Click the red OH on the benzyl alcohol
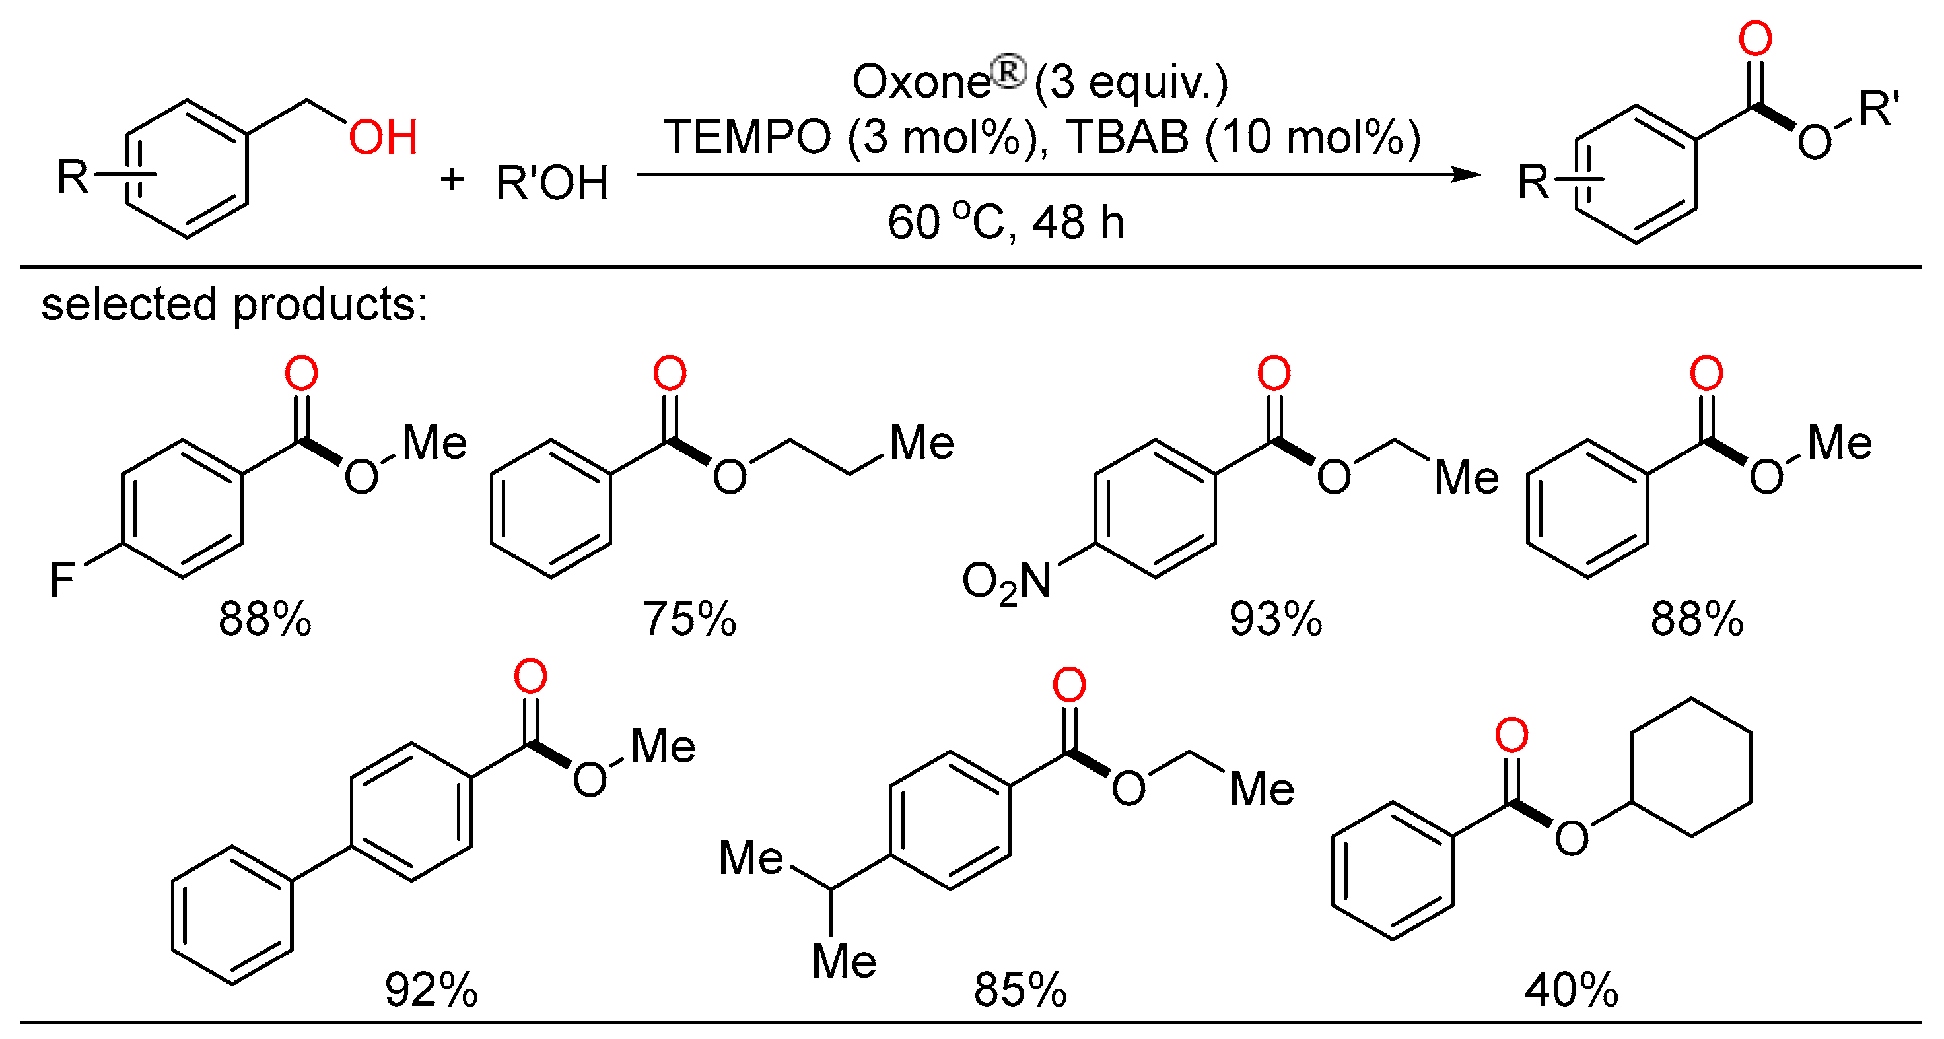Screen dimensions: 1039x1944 (382, 137)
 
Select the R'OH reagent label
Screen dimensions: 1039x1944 (551, 184)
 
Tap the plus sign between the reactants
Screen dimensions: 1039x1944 (451, 180)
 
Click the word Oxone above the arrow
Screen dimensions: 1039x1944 (920, 81)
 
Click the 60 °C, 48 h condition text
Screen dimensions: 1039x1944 (1005, 222)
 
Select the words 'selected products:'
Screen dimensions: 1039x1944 (234, 305)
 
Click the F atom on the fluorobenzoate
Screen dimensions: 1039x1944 (62, 580)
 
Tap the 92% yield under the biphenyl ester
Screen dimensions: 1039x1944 (431, 990)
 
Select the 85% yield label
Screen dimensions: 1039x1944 (1020, 990)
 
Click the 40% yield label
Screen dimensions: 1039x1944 (1571, 990)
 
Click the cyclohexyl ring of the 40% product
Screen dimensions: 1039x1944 (1690, 766)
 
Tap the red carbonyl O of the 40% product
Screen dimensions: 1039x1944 (1511, 735)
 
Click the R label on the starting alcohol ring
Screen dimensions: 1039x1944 (73, 178)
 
